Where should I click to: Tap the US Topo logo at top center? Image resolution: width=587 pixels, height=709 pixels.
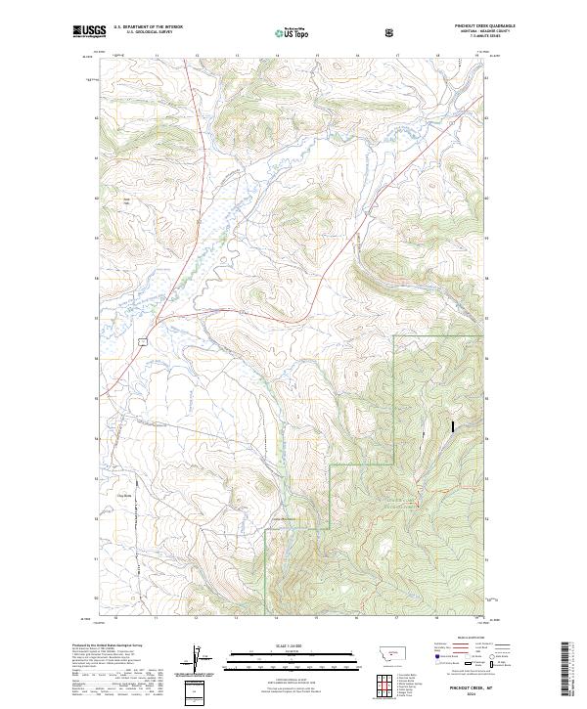coord(293,31)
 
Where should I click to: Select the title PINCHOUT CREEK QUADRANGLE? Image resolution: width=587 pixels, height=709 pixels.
coord(485,25)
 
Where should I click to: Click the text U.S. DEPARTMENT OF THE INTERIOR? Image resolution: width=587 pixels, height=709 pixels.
coord(148,27)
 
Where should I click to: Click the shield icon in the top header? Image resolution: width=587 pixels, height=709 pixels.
coord(391,31)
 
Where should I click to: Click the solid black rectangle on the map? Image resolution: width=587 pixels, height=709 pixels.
coord(452,426)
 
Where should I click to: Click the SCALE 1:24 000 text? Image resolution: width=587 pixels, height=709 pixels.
coord(293,645)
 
